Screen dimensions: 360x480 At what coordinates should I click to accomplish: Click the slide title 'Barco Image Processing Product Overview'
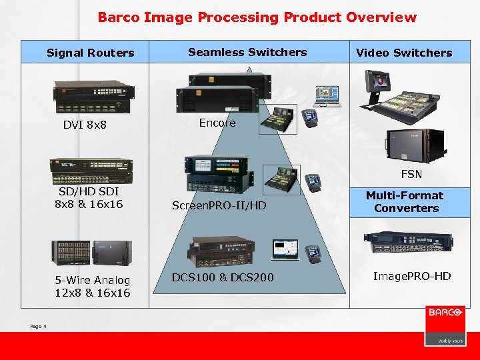coord(257,17)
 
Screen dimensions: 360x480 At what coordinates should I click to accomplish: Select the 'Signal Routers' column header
coord(90,53)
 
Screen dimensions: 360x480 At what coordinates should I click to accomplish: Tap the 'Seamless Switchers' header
coord(247,52)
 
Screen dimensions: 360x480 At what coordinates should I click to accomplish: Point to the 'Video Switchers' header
coord(404,53)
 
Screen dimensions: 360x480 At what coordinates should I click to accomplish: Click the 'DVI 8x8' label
coord(85,125)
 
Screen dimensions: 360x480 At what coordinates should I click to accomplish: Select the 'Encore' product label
coord(217,123)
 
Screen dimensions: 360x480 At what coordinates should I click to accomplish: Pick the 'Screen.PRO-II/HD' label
coord(219,205)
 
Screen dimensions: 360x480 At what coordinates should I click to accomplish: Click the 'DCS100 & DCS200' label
coord(223,277)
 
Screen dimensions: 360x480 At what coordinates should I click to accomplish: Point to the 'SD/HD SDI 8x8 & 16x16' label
coord(89,197)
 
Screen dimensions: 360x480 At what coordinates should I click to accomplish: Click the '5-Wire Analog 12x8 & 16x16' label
coord(93,287)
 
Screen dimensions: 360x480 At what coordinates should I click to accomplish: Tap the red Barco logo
coord(445,325)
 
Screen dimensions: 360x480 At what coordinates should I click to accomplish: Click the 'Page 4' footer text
coord(38,326)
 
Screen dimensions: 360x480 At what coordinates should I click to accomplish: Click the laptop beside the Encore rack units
coord(329,96)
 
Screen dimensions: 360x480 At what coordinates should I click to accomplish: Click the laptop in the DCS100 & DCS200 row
coord(285,249)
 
